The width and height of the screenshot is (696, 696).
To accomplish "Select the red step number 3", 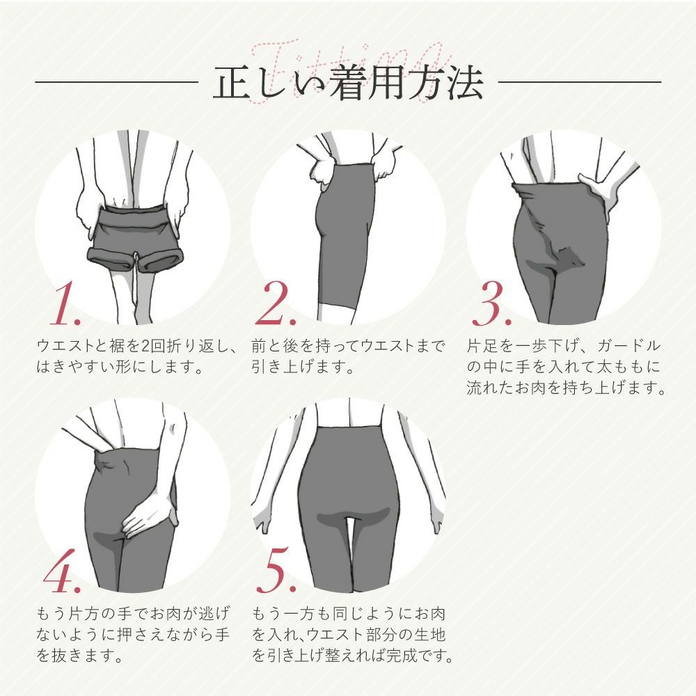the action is tap(491, 303).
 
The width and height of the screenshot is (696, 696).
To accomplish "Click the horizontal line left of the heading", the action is tap(116, 82).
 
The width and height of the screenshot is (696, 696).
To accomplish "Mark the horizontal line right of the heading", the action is tap(580, 82).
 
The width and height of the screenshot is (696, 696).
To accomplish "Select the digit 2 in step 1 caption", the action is tap(145, 346).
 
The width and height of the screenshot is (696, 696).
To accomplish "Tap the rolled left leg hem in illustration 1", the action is tap(111, 259).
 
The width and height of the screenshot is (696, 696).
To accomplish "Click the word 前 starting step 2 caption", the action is tap(259, 346).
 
